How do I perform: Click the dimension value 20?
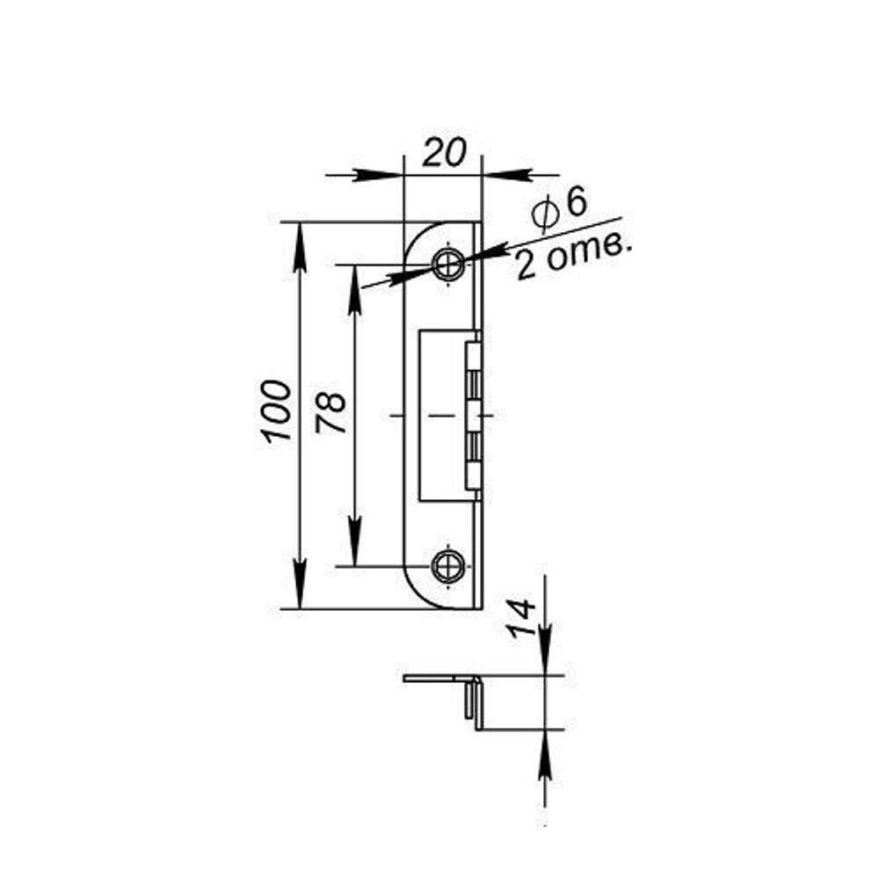(x=444, y=153)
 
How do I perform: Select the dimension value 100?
(x=275, y=411)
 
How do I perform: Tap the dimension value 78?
(x=331, y=413)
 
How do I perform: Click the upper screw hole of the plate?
(x=448, y=262)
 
